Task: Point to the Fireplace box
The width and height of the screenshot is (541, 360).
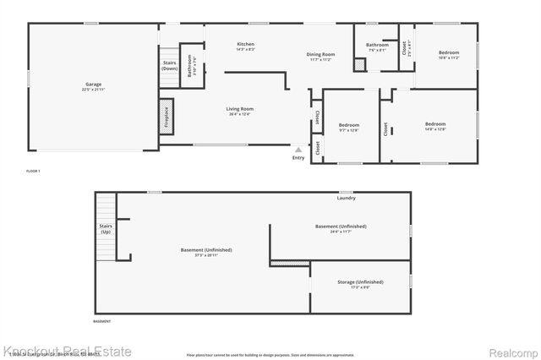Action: click(167, 116)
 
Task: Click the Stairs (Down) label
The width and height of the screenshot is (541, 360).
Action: click(169, 65)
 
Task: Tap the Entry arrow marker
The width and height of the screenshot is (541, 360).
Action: click(298, 150)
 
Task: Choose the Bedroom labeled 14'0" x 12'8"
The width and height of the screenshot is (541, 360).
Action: click(434, 126)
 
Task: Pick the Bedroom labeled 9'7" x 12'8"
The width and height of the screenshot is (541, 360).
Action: click(349, 127)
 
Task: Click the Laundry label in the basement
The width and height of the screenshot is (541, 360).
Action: click(346, 198)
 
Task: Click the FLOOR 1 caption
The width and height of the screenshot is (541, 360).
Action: click(34, 172)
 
